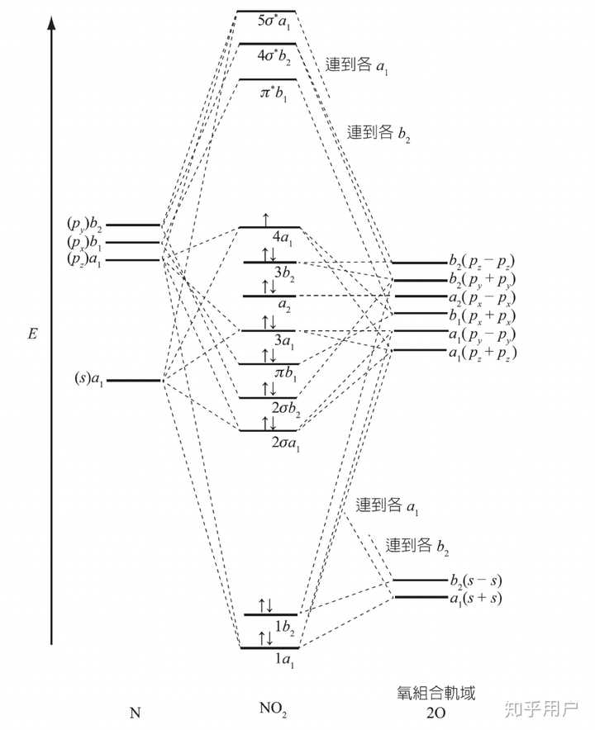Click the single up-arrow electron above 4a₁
tap(265, 219)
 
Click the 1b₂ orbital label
tap(284, 630)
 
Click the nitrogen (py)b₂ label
tap(84, 224)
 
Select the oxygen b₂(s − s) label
tap(475, 580)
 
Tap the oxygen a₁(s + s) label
tap(475, 597)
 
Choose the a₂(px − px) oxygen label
tap(482, 296)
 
